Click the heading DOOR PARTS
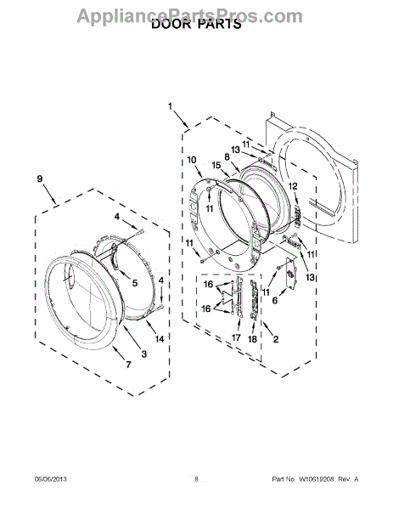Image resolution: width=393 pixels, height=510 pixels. (x=196, y=24)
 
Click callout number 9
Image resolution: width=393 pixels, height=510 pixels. (x=40, y=178)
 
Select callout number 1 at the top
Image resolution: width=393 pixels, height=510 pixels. (x=171, y=106)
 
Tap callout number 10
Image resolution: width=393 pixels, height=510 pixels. (x=192, y=160)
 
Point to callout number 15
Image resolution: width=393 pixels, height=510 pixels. (x=216, y=165)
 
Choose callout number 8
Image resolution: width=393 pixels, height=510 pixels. (x=227, y=156)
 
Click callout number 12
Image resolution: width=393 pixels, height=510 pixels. (x=293, y=186)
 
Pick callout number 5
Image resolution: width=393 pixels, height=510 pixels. (x=135, y=283)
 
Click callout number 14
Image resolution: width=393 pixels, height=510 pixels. (x=159, y=339)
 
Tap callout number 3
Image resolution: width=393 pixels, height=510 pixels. (x=144, y=354)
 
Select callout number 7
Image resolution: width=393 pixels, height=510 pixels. (x=129, y=365)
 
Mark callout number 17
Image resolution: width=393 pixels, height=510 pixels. (x=236, y=337)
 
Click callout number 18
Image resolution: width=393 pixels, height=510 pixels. (x=252, y=339)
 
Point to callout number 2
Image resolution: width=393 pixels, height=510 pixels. (x=275, y=339)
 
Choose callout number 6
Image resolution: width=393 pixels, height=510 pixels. (x=275, y=300)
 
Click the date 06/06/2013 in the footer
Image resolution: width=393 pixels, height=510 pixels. (x=51, y=479)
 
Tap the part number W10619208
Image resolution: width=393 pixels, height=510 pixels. (x=316, y=479)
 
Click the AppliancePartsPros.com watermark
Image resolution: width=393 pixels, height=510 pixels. (x=190, y=15)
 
